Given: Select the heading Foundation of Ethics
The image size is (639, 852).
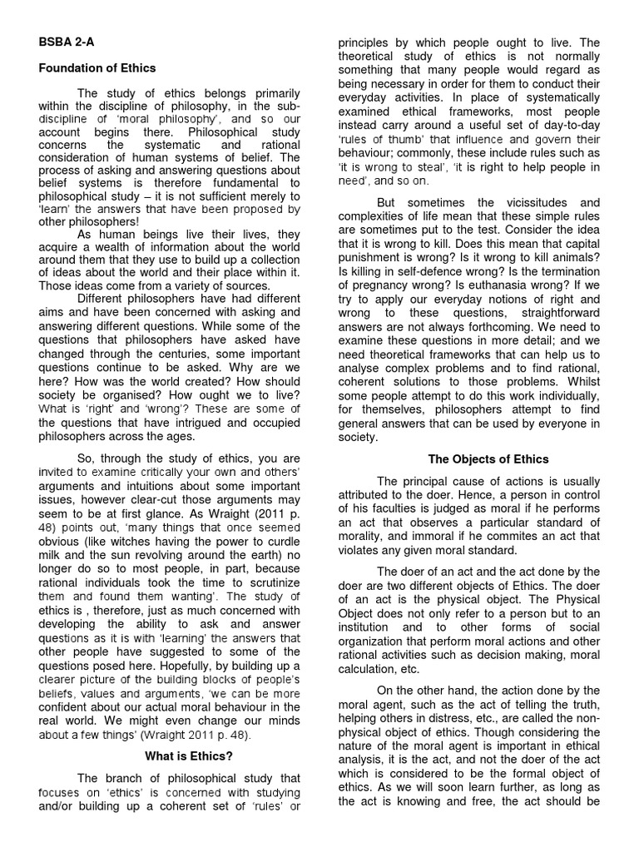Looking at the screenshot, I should click(97, 68).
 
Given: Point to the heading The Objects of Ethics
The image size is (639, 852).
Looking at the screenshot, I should click(488, 458).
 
